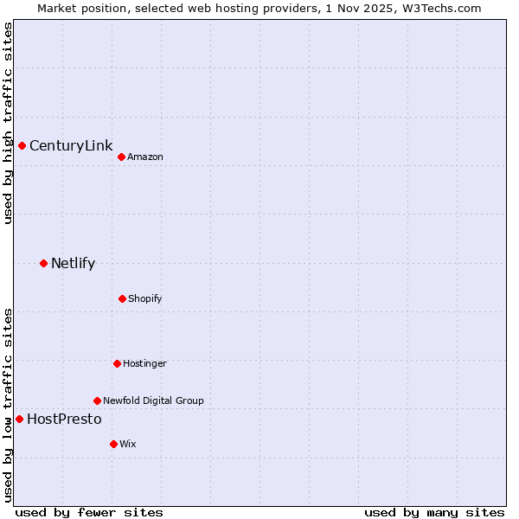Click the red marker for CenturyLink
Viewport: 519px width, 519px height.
(22, 145)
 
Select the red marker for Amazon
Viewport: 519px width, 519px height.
(121, 157)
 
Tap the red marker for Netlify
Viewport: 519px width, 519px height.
(43, 263)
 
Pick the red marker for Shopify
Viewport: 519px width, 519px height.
(122, 298)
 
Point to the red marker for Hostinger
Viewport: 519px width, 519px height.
(117, 363)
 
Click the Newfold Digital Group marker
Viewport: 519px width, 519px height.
(97, 400)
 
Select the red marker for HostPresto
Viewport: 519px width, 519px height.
(19, 419)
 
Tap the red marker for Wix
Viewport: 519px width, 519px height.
(113, 444)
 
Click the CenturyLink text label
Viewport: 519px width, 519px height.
(71, 145)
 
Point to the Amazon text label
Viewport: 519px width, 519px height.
(145, 157)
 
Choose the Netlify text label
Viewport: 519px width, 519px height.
(73, 263)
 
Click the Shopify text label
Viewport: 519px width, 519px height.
(145, 298)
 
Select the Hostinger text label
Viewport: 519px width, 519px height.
(144, 363)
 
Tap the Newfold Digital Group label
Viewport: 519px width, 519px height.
(153, 400)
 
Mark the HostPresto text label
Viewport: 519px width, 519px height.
(64, 419)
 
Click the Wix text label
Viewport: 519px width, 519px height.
(128, 444)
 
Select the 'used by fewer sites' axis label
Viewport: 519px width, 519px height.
(89, 512)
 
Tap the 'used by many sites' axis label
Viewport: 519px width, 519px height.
(434, 512)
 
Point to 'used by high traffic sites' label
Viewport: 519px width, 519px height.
(8, 124)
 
